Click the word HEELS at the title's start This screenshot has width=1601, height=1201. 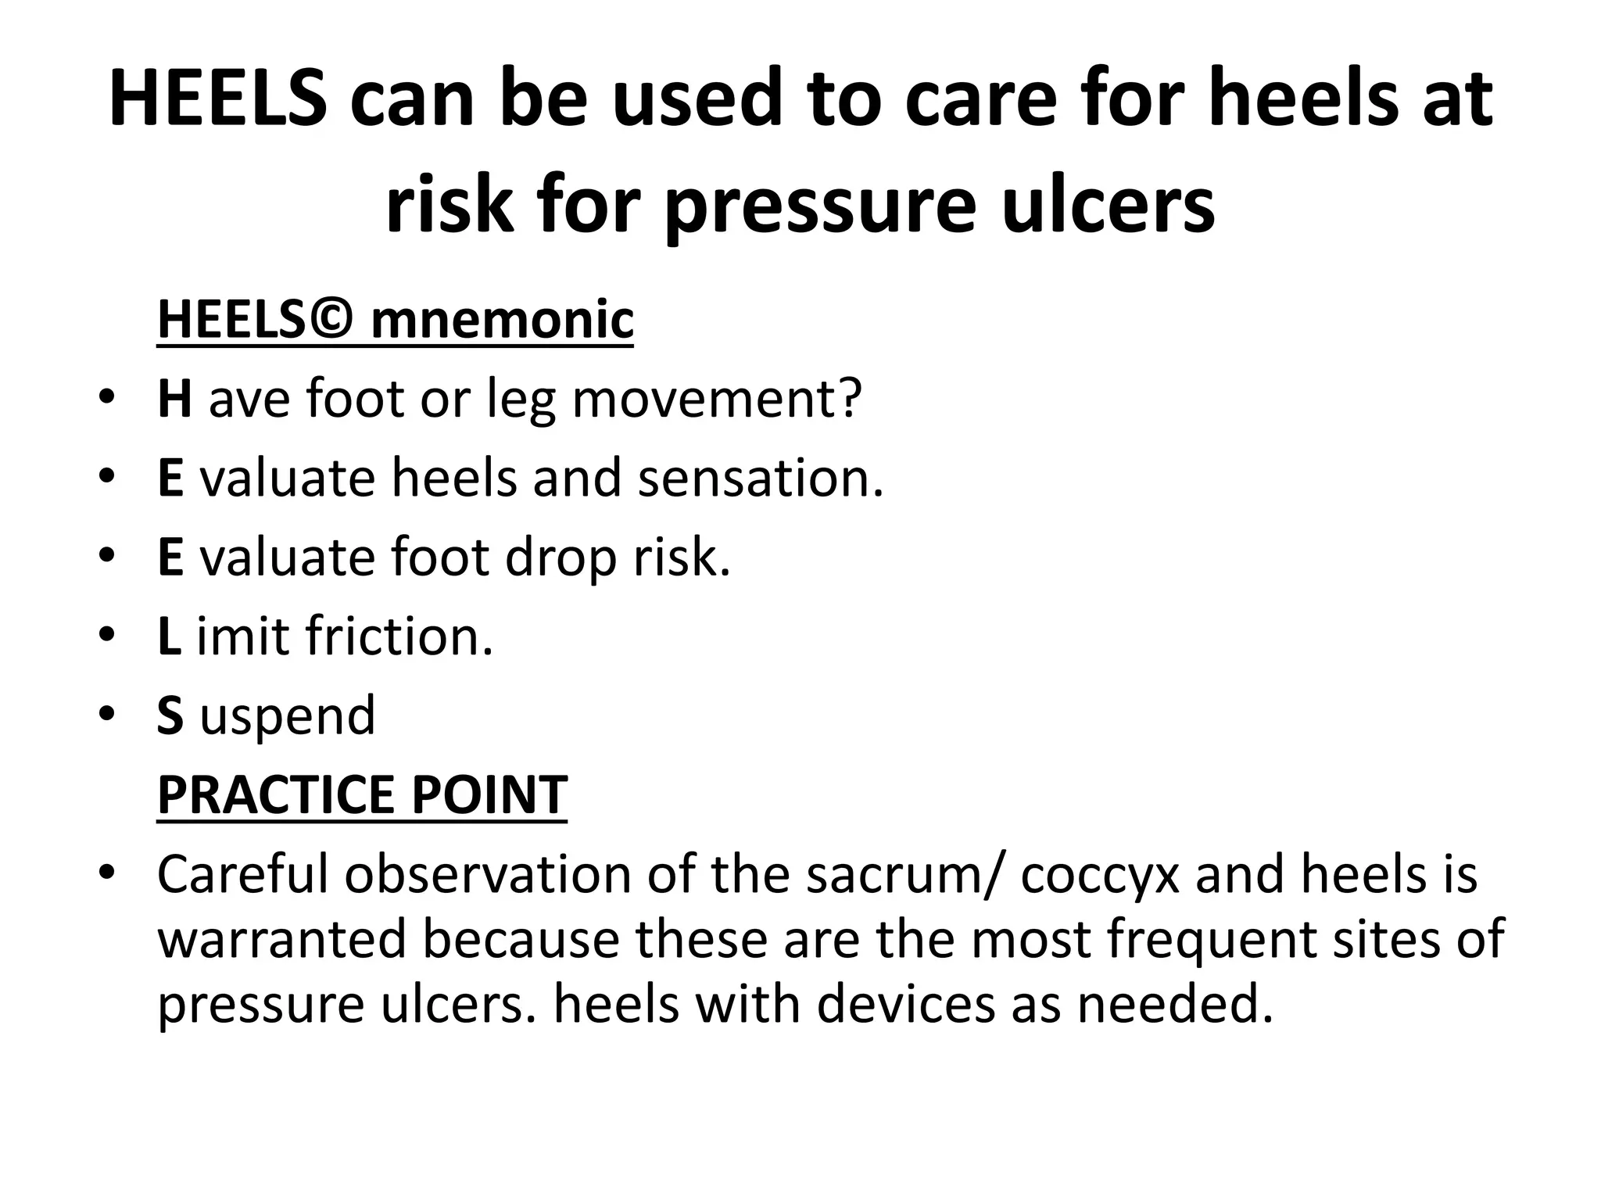218,100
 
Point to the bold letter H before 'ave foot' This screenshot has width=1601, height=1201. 174,398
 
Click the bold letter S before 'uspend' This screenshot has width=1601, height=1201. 170,715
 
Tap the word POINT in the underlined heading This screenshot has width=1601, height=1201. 489,794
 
